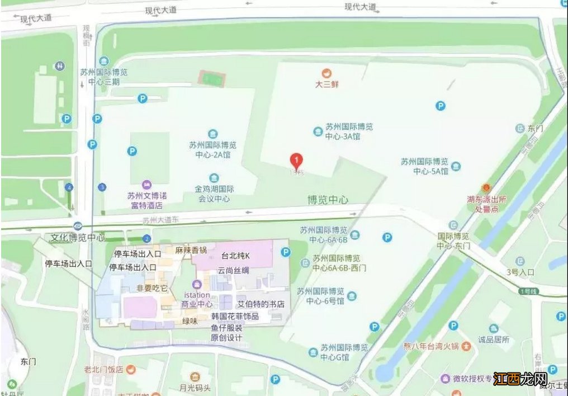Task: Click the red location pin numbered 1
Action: (x=296, y=161)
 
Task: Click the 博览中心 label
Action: (x=328, y=200)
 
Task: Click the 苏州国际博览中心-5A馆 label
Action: (x=424, y=166)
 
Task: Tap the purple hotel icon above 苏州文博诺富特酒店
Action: (x=146, y=185)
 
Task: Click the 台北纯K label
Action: (x=235, y=256)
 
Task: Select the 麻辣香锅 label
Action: (x=191, y=250)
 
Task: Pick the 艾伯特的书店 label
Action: (x=261, y=305)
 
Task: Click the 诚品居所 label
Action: (x=494, y=339)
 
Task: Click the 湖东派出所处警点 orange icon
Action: (x=486, y=187)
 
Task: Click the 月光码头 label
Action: (x=195, y=388)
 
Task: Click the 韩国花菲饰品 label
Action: (x=235, y=317)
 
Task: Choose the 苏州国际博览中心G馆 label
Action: (x=344, y=352)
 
